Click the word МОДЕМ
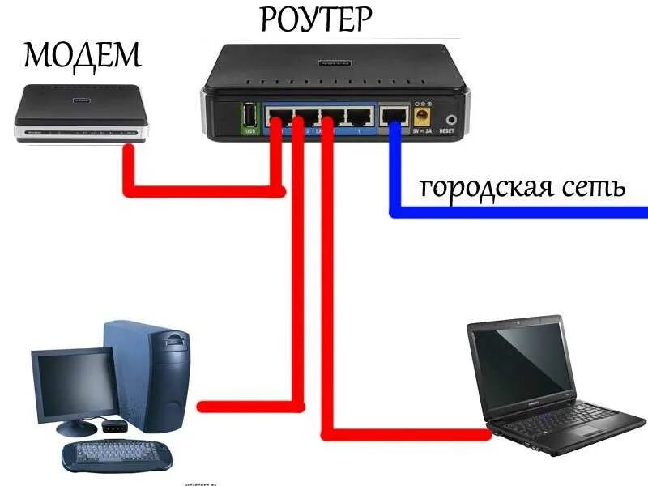[82, 55]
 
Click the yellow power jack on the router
[421, 118]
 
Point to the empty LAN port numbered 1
[358, 117]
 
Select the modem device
[81, 118]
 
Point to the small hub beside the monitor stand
[113, 424]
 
